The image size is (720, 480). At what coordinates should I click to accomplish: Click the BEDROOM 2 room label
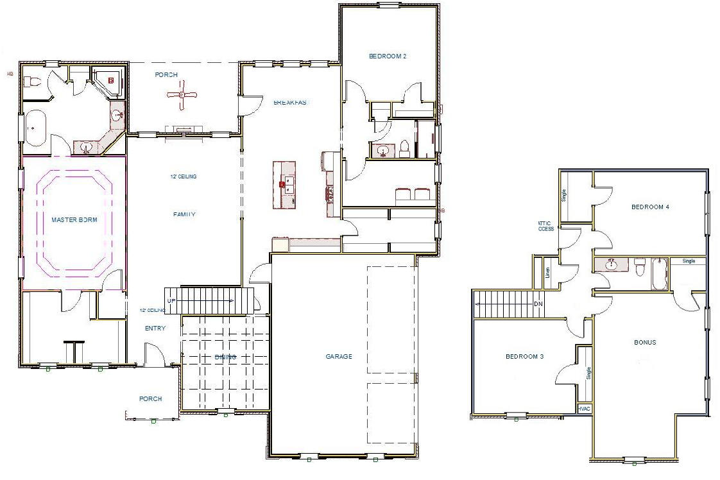click(388, 56)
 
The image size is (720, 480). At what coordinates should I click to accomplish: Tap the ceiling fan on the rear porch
click(182, 95)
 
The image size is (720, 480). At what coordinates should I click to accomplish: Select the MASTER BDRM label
click(74, 220)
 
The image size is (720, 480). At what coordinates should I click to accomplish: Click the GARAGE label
click(338, 357)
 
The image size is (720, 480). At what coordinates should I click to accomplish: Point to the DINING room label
click(225, 357)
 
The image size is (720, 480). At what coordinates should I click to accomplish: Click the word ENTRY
click(155, 329)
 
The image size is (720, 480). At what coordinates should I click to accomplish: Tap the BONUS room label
click(645, 343)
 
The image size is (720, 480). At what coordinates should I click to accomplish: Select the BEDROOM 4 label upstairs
click(650, 207)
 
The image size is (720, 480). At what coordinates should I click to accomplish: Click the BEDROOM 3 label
click(524, 357)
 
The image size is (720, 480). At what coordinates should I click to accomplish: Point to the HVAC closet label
click(584, 408)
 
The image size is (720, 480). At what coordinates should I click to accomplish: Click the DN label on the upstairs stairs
click(539, 304)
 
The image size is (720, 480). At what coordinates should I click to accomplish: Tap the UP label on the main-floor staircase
click(171, 301)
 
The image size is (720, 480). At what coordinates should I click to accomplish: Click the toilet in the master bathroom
click(33, 81)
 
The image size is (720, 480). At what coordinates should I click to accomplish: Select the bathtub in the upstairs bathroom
click(658, 274)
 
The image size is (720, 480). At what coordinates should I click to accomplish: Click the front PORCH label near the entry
click(150, 399)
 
